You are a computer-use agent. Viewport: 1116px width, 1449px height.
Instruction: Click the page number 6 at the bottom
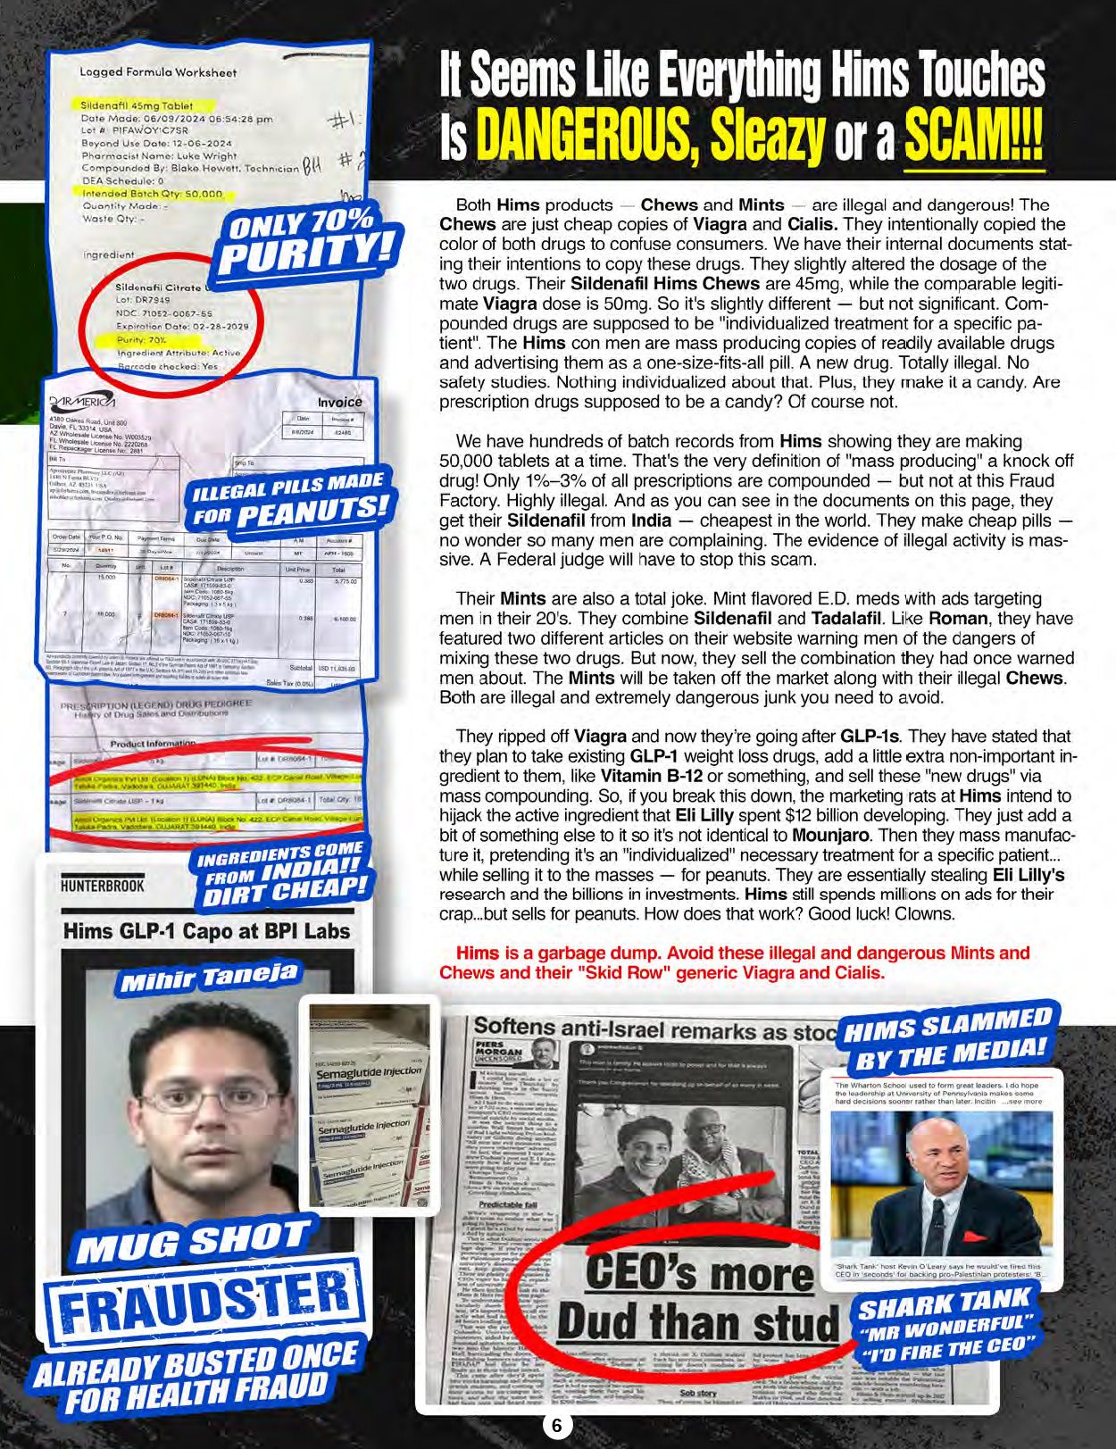(x=556, y=1426)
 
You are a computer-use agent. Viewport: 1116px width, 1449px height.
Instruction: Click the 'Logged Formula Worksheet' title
(x=158, y=72)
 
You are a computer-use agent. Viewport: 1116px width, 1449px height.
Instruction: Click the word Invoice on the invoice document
(x=339, y=402)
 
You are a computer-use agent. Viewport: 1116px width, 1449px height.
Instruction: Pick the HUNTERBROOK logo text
(x=102, y=886)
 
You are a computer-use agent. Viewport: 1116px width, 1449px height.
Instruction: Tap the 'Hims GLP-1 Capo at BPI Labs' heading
(x=206, y=931)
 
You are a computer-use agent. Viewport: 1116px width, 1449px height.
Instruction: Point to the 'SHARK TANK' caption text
(x=944, y=1305)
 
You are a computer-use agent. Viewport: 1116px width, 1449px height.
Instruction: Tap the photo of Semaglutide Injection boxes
(x=370, y=1103)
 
